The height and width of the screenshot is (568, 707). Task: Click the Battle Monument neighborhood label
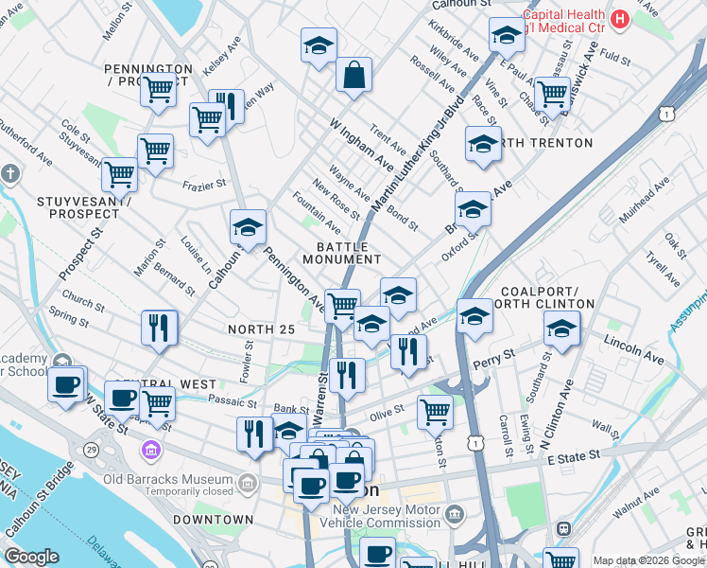click(x=341, y=253)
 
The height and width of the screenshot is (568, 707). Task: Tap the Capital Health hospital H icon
click(x=620, y=18)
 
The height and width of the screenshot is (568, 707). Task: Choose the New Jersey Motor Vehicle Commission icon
click(x=456, y=514)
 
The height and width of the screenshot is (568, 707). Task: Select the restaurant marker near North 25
click(x=159, y=328)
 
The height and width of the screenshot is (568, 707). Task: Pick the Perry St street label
click(x=498, y=359)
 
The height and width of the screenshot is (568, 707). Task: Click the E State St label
click(x=575, y=456)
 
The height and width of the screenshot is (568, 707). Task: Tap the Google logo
click(x=31, y=557)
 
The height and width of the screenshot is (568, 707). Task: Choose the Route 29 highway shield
click(x=91, y=448)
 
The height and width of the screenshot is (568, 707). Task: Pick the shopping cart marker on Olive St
click(x=435, y=412)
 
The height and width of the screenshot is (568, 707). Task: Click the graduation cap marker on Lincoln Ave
click(x=561, y=329)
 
